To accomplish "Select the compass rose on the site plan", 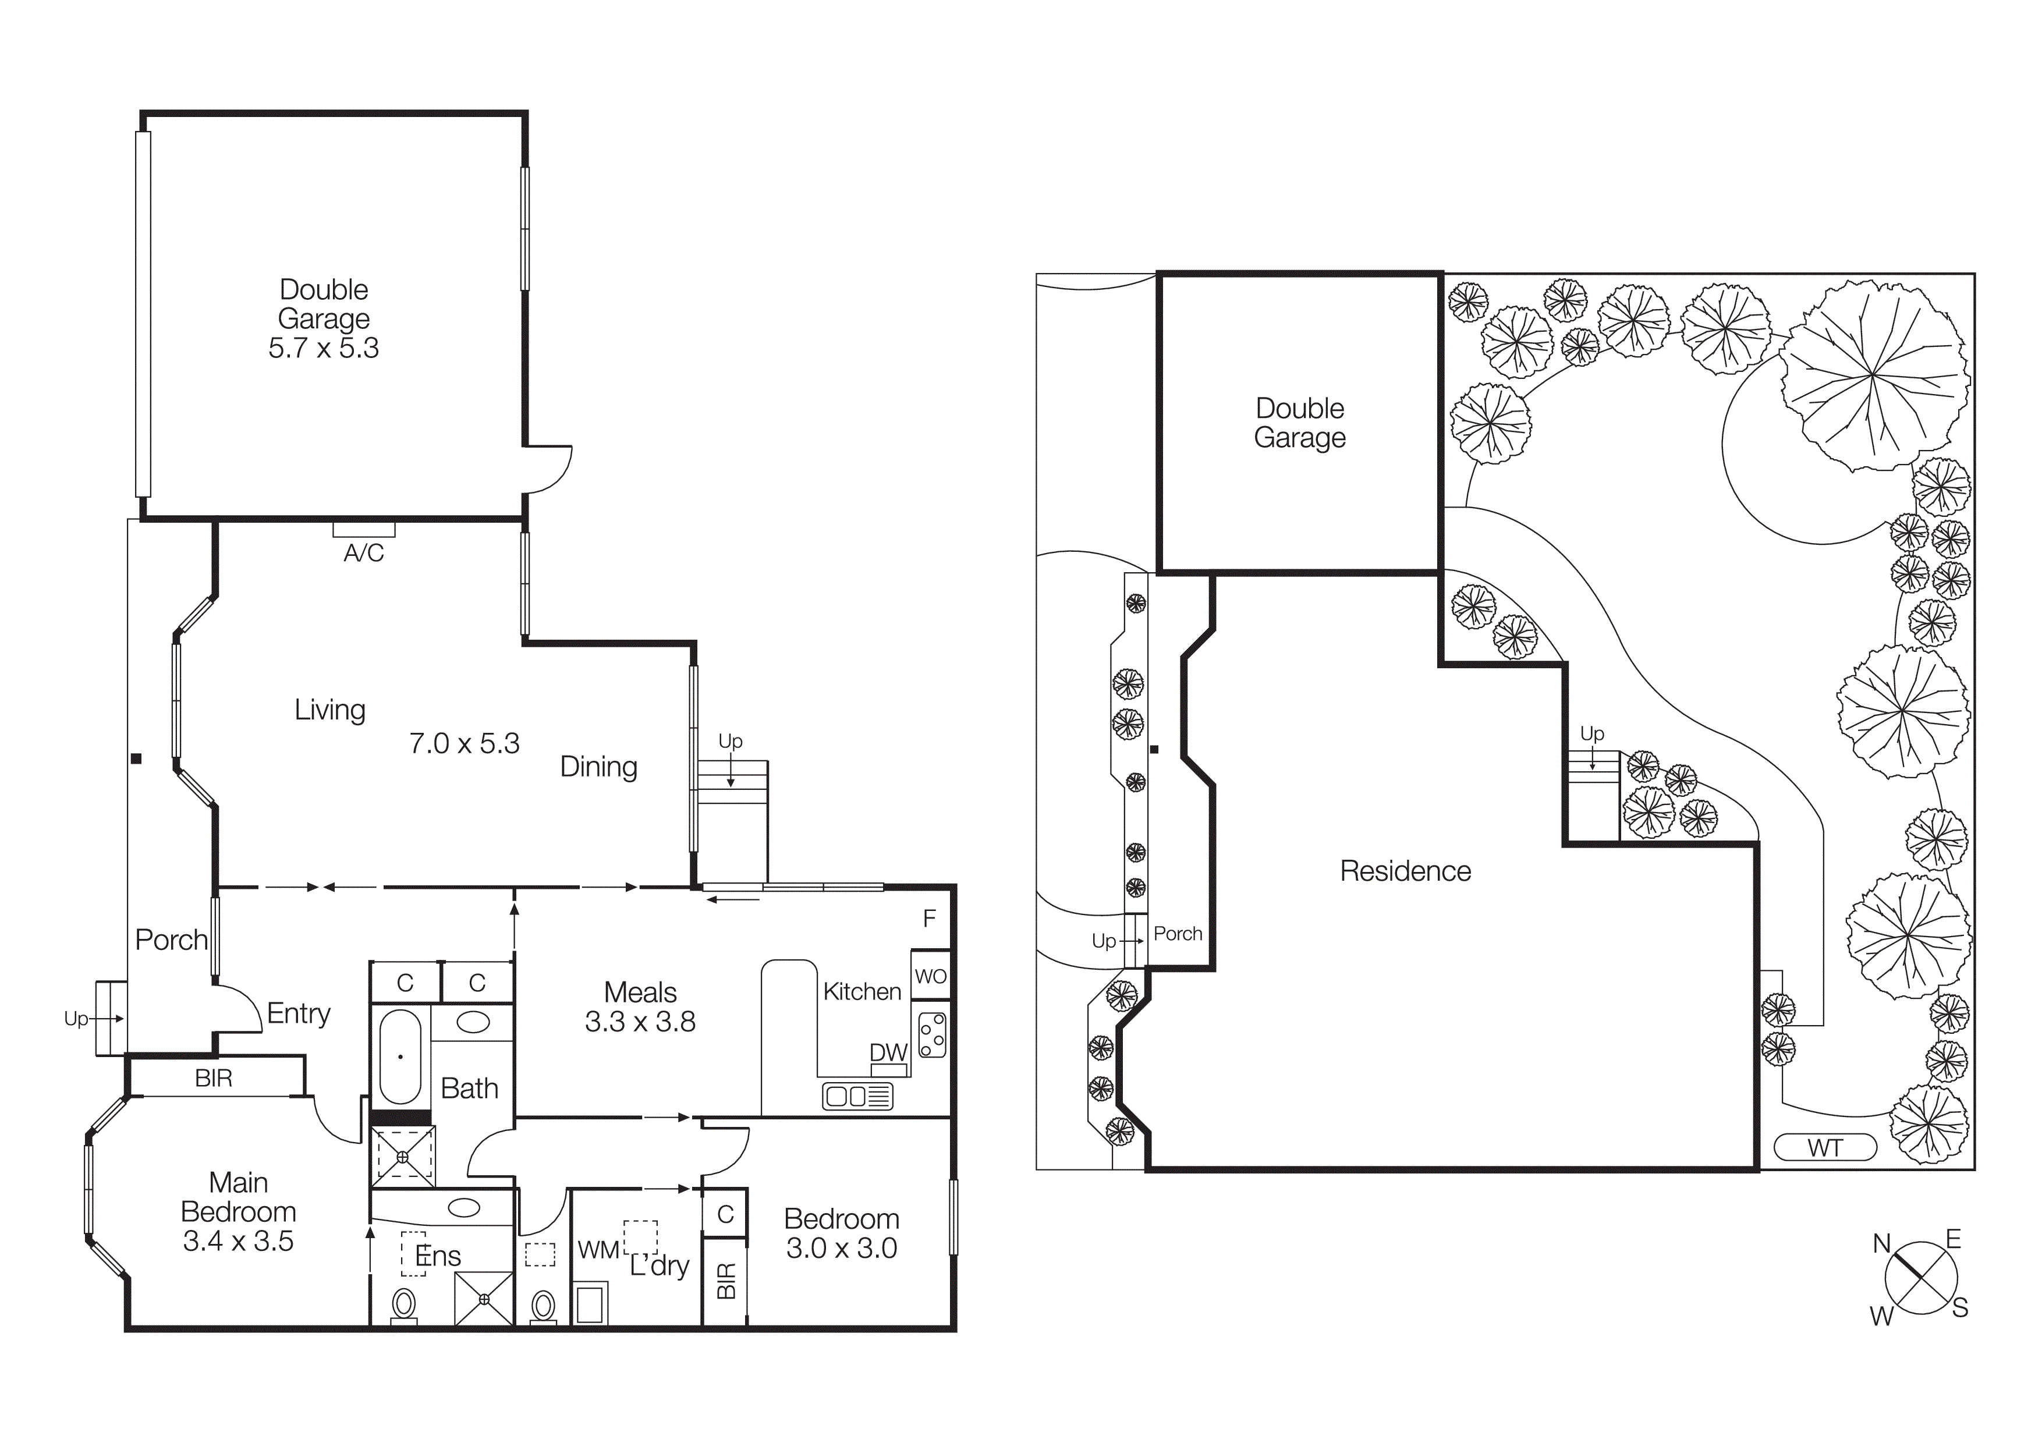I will point(1920,1278).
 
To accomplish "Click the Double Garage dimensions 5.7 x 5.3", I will point(324,348).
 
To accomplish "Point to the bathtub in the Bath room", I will point(400,1056).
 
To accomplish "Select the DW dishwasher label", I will point(888,1052).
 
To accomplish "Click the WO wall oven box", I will point(930,976).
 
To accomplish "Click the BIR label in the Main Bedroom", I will point(214,1079).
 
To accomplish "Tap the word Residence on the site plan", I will point(1405,871).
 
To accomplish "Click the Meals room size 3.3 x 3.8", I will point(640,1022).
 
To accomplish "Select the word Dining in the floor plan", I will point(598,767).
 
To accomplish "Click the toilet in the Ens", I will point(404,1305).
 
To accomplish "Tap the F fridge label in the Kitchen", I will point(930,919).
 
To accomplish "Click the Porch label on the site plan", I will point(1178,934).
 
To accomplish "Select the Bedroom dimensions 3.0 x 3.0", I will point(841,1248).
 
